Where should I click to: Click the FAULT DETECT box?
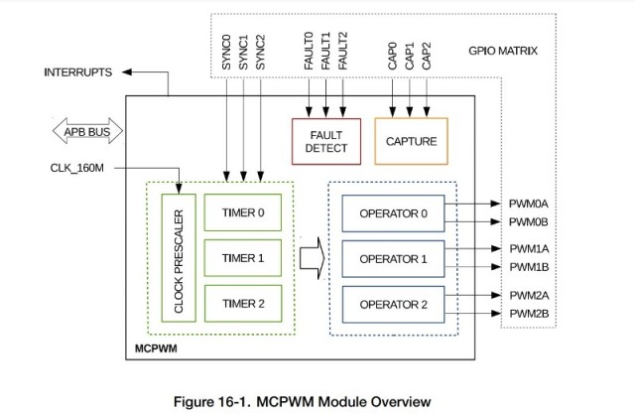(x=326, y=141)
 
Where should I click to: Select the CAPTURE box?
(x=411, y=141)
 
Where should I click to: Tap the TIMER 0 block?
(x=243, y=211)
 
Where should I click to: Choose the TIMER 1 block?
(x=243, y=257)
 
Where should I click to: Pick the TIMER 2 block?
(x=243, y=303)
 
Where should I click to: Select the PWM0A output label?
(x=529, y=204)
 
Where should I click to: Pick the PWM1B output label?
(x=529, y=267)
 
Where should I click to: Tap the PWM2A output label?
(x=529, y=295)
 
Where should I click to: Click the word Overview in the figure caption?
(x=394, y=401)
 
